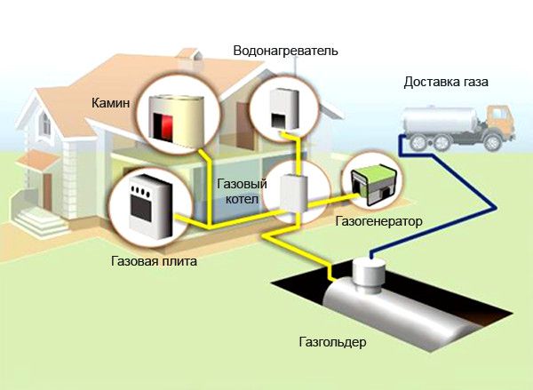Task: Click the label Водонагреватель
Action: (285, 51)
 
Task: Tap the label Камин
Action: (110, 103)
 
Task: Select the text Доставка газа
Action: (446, 83)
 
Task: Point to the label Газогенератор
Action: (378, 222)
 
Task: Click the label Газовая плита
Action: (154, 261)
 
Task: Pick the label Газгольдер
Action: (333, 341)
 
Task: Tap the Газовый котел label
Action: (242, 191)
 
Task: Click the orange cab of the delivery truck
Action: (499, 120)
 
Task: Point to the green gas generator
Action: (373, 187)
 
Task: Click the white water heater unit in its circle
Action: (285, 108)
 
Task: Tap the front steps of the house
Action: (40, 222)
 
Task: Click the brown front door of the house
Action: (47, 191)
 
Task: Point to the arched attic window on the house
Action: (45, 123)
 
